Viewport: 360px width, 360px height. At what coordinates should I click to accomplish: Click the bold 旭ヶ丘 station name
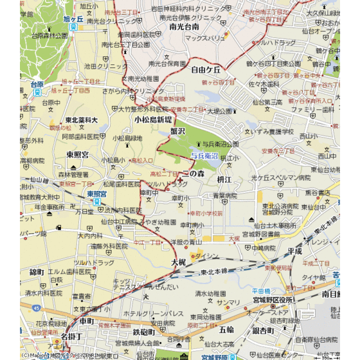(74, 19)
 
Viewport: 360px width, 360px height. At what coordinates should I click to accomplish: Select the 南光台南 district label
(184, 27)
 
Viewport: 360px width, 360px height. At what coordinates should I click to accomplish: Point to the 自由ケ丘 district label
(206, 69)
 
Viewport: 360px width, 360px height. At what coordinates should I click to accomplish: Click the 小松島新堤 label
(153, 120)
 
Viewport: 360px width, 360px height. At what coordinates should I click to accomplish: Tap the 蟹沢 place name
(177, 131)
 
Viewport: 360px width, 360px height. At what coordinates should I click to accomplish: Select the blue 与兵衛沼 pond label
(204, 156)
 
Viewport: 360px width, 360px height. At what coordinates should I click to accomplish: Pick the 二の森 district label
(193, 174)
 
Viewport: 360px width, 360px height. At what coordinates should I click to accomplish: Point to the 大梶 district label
(178, 262)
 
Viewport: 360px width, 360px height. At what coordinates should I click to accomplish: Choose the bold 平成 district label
(294, 251)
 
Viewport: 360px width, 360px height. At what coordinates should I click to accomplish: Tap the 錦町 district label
(37, 272)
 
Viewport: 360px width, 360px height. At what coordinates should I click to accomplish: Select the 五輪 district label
(226, 330)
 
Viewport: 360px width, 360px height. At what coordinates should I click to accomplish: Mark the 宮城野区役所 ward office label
(273, 300)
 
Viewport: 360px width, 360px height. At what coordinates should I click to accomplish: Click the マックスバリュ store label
(205, 38)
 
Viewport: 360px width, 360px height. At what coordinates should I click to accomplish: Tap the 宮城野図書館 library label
(261, 234)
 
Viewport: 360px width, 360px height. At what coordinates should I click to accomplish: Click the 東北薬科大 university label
(81, 120)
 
